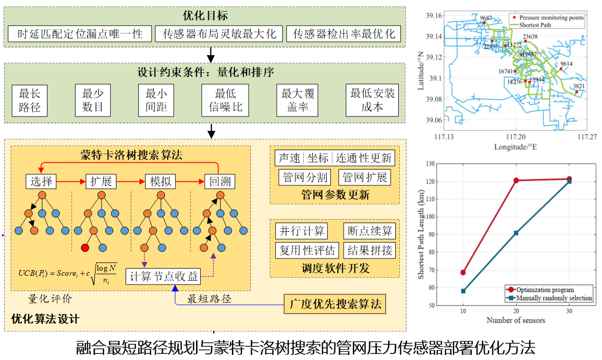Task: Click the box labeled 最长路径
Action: click(30, 101)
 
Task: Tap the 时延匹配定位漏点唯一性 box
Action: click(80, 34)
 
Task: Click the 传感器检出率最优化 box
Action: click(343, 34)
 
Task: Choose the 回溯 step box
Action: click(220, 181)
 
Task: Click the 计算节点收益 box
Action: click(163, 277)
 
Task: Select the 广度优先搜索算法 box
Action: click(334, 304)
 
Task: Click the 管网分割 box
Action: click(305, 177)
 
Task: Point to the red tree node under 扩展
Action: click(85, 248)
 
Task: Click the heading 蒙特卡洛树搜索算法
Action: click(131, 154)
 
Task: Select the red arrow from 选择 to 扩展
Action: click(71, 181)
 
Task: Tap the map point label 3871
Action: click(579, 86)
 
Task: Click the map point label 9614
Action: click(566, 64)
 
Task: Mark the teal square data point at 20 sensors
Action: click(516, 233)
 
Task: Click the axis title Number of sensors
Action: click(515, 320)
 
